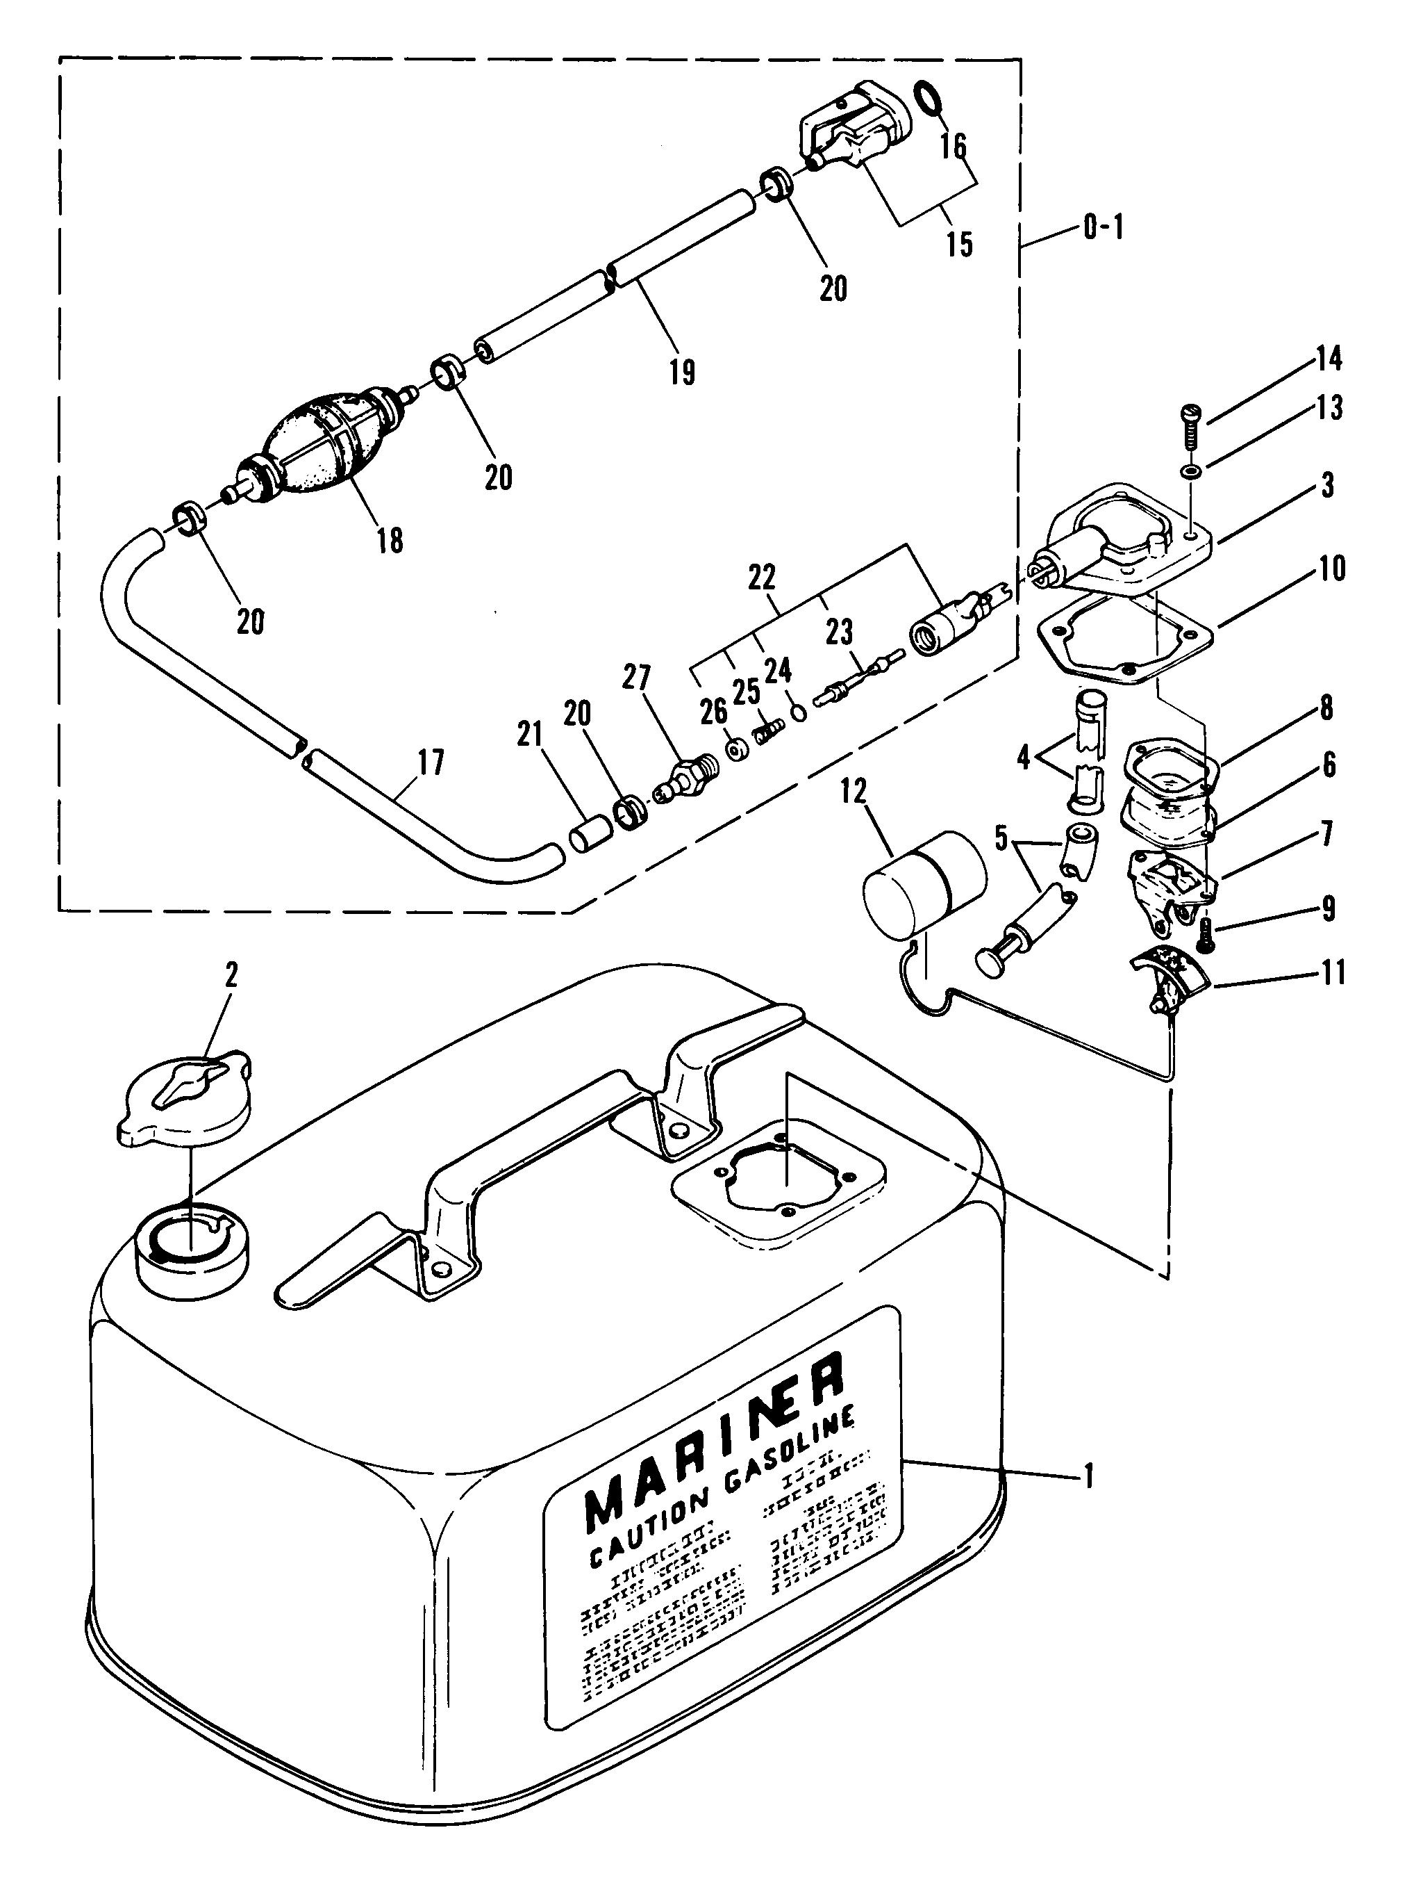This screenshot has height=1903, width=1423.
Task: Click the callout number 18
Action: [x=390, y=540]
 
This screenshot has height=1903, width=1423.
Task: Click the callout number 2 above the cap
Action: [x=231, y=976]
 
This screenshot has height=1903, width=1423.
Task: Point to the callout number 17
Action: [x=431, y=762]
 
